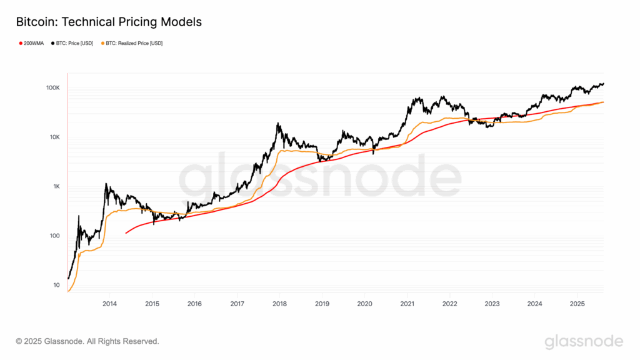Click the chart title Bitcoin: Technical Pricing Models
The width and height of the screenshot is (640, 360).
pos(108,22)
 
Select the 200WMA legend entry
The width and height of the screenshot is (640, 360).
pos(31,43)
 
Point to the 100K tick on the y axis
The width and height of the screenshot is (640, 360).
pos(52,88)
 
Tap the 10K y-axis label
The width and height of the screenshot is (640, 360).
pos(54,137)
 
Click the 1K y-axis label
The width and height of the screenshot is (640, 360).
pos(55,187)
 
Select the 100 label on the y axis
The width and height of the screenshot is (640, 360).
pos(54,236)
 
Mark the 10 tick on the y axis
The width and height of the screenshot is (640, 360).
pos(56,286)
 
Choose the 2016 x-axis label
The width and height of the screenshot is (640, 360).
pos(194,304)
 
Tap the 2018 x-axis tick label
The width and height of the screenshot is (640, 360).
pos(279,304)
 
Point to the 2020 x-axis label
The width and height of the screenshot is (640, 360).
pos(364,304)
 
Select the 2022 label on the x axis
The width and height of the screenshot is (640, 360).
pos(449,304)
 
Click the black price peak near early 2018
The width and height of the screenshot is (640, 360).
pos(277,124)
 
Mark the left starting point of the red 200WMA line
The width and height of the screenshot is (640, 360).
pos(126,233)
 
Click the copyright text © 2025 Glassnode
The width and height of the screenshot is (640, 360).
pos(87,341)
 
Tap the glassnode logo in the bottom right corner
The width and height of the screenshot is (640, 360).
pos(584,341)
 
